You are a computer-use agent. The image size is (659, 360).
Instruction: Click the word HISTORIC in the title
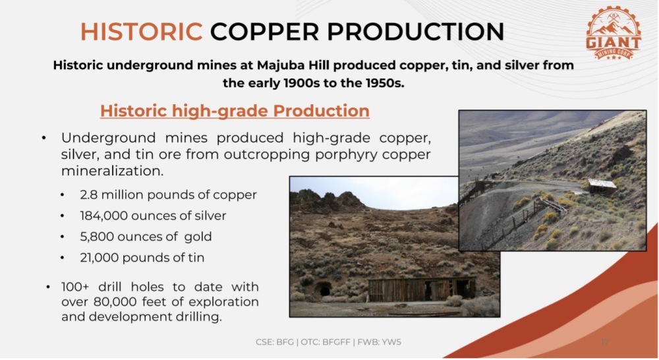coord(141,32)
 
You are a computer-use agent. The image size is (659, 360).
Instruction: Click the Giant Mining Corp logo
coord(613,32)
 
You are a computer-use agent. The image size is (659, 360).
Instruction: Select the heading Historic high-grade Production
coord(235,111)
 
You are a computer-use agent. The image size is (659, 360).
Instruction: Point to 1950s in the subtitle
coord(385,83)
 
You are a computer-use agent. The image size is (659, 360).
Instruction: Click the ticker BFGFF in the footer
coord(336,342)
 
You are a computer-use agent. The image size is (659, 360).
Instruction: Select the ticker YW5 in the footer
coord(391,342)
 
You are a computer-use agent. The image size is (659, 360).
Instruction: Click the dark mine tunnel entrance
coord(324,289)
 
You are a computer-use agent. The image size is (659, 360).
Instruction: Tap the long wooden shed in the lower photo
coord(422,289)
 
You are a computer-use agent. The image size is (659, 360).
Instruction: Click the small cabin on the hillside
coord(602,187)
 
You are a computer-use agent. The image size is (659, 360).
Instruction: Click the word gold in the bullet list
coord(198,237)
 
